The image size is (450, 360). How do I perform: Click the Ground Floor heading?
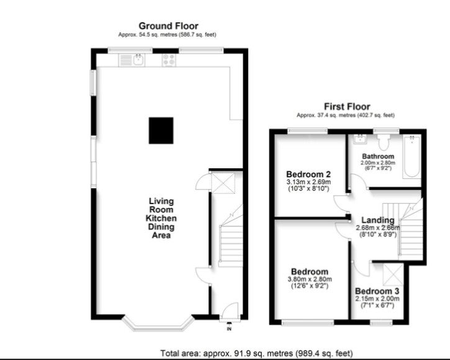(x=168, y=26)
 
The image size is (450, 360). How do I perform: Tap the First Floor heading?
(x=347, y=107)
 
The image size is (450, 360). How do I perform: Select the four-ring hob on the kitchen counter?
(x=169, y=60)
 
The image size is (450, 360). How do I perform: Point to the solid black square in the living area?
(x=161, y=130)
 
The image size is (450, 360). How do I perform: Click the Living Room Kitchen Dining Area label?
(x=161, y=218)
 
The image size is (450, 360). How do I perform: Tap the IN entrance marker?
(x=229, y=329)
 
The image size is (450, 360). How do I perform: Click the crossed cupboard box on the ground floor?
(x=223, y=183)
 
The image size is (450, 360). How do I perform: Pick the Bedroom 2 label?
(x=308, y=174)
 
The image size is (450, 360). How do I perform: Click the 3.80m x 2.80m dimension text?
(x=310, y=279)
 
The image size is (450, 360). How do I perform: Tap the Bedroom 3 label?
(x=377, y=291)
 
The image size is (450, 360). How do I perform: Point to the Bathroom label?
(x=378, y=156)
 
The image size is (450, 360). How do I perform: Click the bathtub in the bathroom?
(x=412, y=157)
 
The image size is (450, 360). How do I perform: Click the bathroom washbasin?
(x=359, y=140)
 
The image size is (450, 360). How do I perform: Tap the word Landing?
(x=377, y=220)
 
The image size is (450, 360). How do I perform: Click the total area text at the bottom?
(x=256, y=353)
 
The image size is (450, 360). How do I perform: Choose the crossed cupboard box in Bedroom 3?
(x=393, y=274)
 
